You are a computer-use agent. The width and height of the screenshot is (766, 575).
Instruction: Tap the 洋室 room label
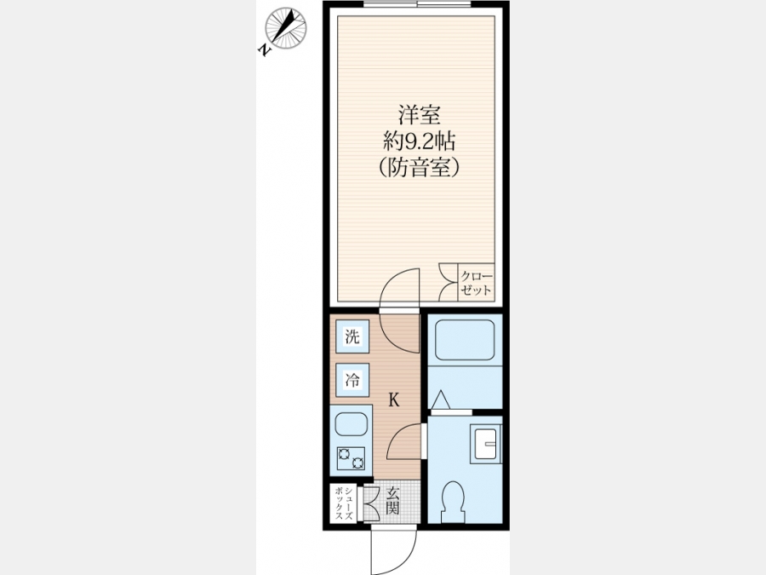pos(419,115)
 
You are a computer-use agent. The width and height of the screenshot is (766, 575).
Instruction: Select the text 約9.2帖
pos(419,141)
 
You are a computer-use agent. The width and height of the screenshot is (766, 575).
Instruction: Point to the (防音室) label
pos(419,168)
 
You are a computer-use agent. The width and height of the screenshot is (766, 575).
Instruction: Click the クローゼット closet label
pos(476,283)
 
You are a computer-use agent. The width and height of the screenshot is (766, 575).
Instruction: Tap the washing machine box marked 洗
pos(352,336)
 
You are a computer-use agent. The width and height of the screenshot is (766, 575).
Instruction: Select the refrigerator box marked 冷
pos(352,380)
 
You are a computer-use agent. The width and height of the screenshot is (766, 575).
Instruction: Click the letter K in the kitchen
pos(394,400)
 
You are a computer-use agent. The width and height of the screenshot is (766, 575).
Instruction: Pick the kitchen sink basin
pos(352,425)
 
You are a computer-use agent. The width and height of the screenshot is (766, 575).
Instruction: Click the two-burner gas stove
pos(352,458)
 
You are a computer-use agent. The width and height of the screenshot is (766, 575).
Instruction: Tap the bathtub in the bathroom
pos(465,340)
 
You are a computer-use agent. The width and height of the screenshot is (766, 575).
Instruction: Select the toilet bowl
pos(453,501)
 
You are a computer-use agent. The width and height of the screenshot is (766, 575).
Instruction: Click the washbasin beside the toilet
pos(484,444)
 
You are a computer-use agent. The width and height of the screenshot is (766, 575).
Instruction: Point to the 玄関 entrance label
pos(392,501)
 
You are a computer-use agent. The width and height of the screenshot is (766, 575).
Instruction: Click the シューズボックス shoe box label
pos(344,503)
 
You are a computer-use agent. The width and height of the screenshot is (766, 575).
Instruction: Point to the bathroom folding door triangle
pos(440,400)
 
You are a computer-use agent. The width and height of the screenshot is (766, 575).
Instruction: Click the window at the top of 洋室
pos(417,4)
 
